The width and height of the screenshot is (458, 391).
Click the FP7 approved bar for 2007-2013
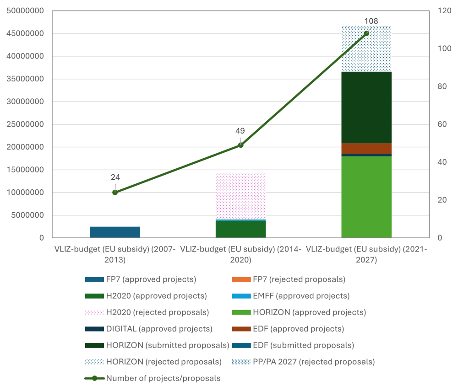(115, 232)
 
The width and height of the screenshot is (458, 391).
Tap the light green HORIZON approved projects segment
(366, 197)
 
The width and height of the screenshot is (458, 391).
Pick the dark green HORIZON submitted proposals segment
(366, 107)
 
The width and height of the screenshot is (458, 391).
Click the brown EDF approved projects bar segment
(366, 148)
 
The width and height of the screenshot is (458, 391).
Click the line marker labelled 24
(115, 193)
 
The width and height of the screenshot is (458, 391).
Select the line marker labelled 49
(240, 145)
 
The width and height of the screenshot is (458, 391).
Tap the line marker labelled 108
(366, 33)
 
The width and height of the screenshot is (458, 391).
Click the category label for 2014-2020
(240, 255)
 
